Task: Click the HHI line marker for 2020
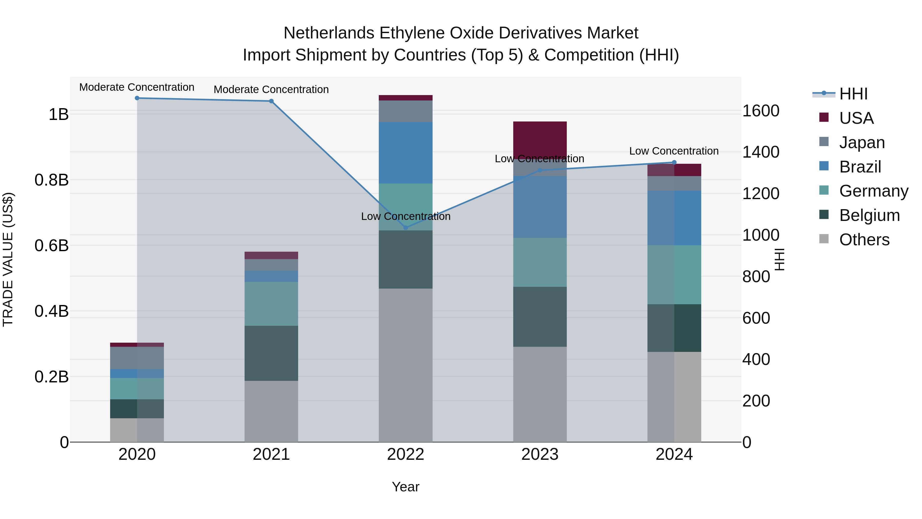click(137, 98)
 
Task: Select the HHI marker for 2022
click(405, 228)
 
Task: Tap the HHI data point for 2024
click(674, 162)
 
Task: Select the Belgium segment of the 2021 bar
click(271, 353)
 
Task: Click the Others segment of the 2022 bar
click(405, 365)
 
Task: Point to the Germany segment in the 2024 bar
click(674, 275)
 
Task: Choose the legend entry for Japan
click(862, 143)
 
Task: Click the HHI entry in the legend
click(853, 94)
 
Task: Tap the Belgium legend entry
click(869, 215)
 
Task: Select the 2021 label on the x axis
click(271, 454)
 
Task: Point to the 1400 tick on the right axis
click(761, 152)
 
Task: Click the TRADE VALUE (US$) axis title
click(8, 259)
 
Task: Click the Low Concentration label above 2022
click(405, 216)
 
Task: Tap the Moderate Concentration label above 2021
click(271, 89)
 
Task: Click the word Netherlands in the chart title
click(329, 33)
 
